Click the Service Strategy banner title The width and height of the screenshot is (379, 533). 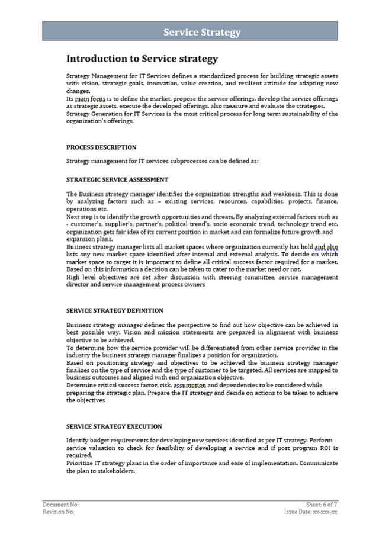click(202, 32)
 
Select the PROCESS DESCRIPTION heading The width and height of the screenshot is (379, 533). click(101, 147)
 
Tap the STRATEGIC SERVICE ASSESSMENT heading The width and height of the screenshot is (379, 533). click(117, 179)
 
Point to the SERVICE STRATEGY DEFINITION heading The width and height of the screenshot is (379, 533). click(115, 310)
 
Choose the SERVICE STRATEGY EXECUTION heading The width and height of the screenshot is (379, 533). click(114, 426)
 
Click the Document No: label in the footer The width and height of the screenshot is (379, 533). click(60, 505)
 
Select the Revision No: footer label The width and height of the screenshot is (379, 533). click(59, 512)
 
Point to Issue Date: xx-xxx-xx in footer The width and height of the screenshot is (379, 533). click(311, 512)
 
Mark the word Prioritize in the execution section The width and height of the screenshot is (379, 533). click(79, 463)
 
